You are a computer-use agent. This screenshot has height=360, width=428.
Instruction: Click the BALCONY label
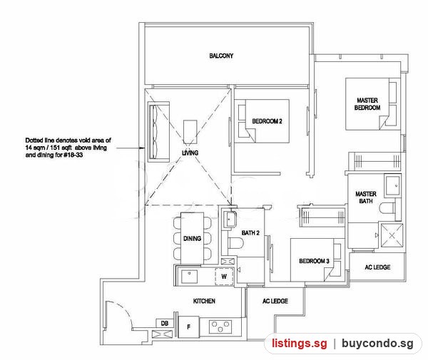click(221, 56)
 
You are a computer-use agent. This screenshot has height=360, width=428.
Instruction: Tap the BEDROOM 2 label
click(267, 121)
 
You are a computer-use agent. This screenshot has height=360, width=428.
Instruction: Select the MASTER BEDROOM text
click(367, 104)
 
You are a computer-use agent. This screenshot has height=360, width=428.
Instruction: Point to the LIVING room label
click(190, 153)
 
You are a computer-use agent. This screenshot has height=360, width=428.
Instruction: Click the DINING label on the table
click(192, 238)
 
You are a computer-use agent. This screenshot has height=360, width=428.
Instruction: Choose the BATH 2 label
click(250, 233)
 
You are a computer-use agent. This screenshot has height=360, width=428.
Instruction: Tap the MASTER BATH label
click(366, 197)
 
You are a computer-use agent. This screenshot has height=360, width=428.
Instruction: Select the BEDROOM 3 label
click(314, 261)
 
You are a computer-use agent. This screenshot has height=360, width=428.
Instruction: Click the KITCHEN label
click(204, 301)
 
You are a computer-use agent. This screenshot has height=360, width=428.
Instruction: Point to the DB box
click(165, 323)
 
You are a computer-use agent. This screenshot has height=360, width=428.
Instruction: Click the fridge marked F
click(188, 327)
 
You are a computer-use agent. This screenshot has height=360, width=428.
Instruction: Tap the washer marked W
click(224, 277)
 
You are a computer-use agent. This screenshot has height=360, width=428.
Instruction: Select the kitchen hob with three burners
click(220, 326)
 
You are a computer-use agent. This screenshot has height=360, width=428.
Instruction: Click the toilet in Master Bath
click(387, 208)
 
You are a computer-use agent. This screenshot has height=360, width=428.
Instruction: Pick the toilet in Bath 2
click(235, 243)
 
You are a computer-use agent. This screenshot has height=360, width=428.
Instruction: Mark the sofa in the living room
click(158, 132)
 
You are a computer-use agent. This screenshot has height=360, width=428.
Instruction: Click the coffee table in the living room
click(190, 132)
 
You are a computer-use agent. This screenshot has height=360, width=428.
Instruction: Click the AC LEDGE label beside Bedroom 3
click(377, 267)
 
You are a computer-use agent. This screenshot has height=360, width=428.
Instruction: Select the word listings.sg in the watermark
click(299, 343)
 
